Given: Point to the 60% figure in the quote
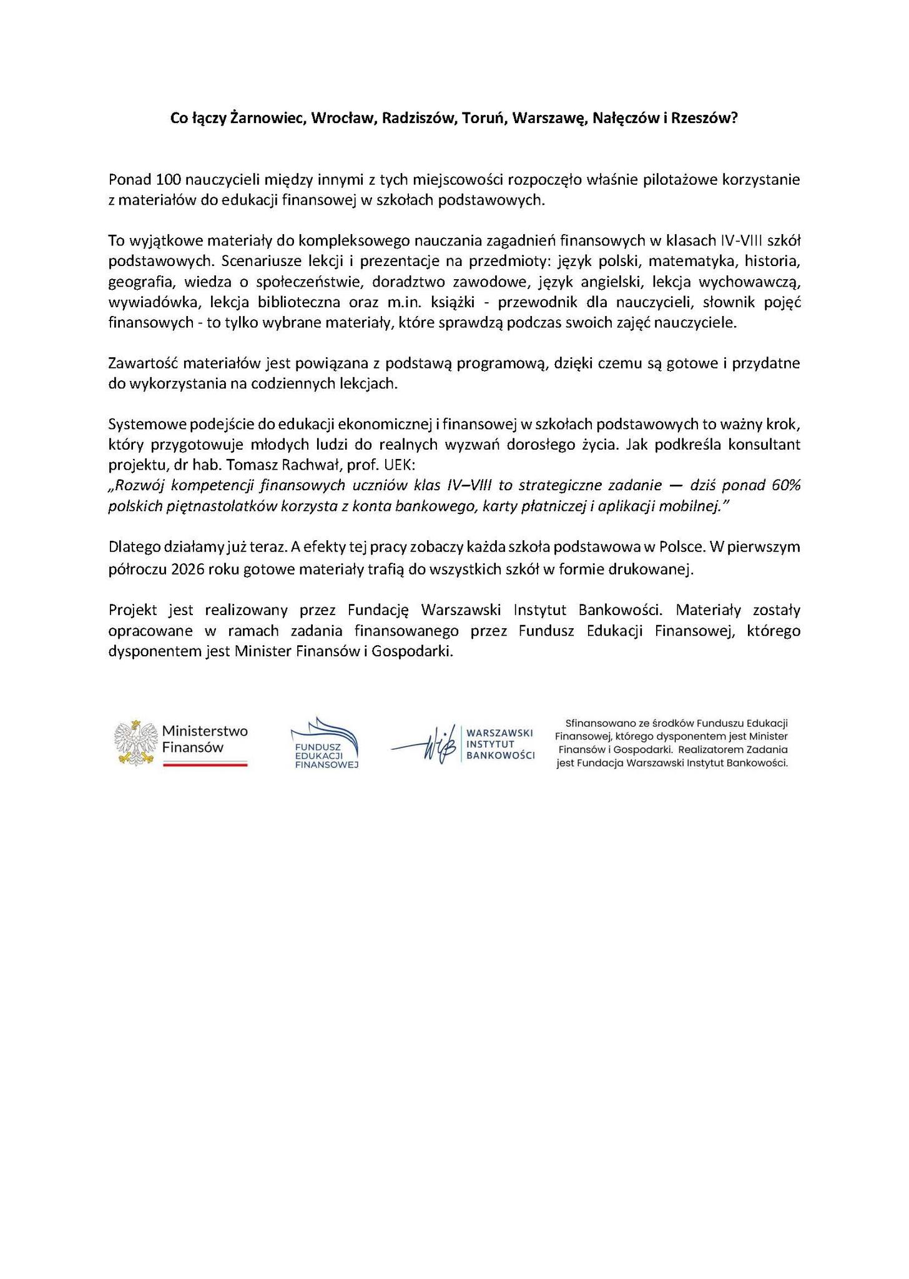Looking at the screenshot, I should pos(785,486).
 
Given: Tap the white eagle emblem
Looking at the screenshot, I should pos(134,742).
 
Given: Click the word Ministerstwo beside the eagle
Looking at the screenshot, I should pos(205,731).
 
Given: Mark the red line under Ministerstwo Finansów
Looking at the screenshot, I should pos(205,764).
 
